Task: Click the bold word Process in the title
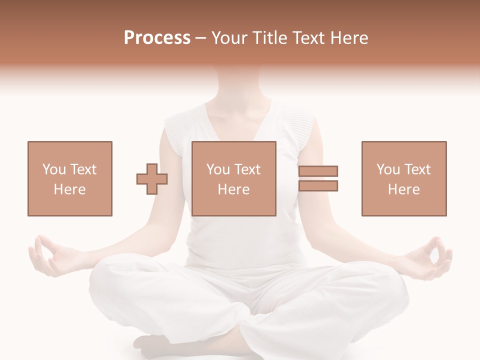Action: [157, 38]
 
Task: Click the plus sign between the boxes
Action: [152, 179]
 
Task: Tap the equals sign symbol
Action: [318, 178]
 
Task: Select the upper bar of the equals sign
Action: [318, 171]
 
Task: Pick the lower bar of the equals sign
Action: [318, 186]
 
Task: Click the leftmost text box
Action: [70, 178]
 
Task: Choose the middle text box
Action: [233, 178]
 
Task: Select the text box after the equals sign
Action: [403, 178]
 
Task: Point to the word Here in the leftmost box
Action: [70, 189]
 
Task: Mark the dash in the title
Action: [200, 38]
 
